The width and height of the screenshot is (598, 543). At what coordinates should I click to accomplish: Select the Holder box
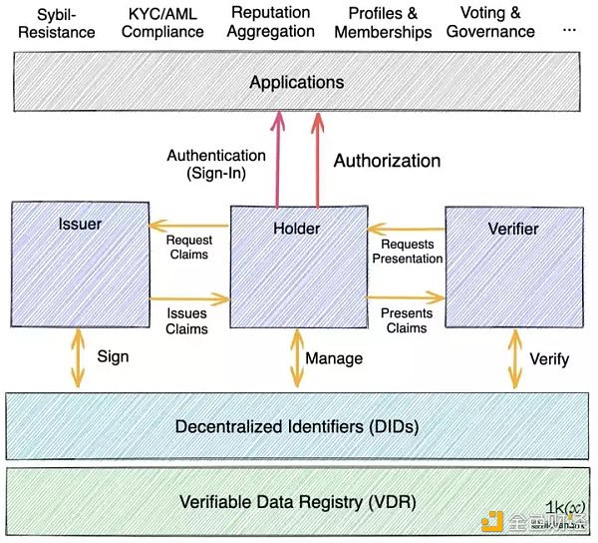(296, 268)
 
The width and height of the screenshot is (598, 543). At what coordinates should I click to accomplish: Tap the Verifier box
(511, 268)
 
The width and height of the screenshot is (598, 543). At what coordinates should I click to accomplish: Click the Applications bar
(297, 82)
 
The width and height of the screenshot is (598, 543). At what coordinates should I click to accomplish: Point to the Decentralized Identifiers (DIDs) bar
(297, 425)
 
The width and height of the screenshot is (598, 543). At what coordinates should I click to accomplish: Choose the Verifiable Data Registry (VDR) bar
(297, 500)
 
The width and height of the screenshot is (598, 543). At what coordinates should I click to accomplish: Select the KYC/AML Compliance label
(164, 24)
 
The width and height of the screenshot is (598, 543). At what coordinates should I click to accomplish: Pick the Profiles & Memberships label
(383, 24)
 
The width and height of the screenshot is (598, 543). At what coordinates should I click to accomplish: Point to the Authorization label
(387, 161)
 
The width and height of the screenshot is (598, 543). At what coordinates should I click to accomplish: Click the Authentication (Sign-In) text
(216, 165)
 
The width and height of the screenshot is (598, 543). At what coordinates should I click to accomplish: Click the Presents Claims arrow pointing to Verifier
(405, 296)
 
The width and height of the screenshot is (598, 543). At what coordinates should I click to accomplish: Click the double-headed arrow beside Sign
(76, 356)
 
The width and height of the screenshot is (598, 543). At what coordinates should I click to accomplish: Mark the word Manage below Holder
(334, 357)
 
